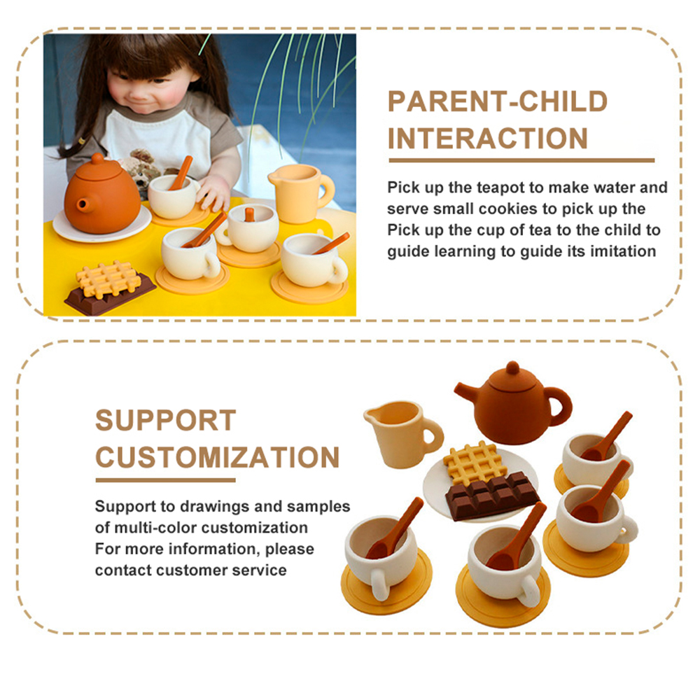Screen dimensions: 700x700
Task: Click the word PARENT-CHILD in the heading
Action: tap(497, 101)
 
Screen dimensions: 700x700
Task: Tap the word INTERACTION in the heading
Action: tap(487, 138)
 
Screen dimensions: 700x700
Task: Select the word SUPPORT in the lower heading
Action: tap(166, 420)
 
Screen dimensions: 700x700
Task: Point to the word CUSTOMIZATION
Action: tap(218, 457)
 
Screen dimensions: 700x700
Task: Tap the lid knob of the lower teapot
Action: tap(512, 368)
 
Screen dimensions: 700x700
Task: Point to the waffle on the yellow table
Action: tap(107, 279)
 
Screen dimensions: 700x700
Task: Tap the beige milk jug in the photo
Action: tap(300, 192)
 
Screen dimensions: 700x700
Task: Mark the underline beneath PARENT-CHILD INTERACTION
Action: tap(521, 160)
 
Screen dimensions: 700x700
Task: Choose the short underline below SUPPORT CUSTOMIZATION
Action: tap(166, 480)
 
